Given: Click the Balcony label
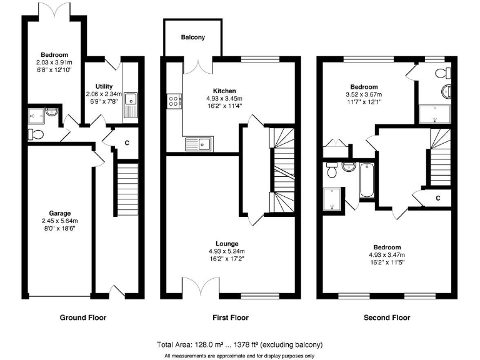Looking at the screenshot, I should click(192, 37).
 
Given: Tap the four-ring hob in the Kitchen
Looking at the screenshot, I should click(173, 100).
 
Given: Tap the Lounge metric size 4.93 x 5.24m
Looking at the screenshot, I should click(227, 251).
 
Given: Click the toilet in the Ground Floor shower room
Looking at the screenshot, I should click(36, 134).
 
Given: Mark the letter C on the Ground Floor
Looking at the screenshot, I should click(127, 143).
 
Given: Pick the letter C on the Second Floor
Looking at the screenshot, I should click(438, 199).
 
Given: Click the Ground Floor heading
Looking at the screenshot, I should click(82, 317).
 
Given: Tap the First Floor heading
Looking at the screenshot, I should click(231, 317).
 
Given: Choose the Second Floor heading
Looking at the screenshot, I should click(387, 317).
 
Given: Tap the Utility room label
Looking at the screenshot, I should click(104, 86).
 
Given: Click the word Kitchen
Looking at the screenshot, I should click(223, 91).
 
